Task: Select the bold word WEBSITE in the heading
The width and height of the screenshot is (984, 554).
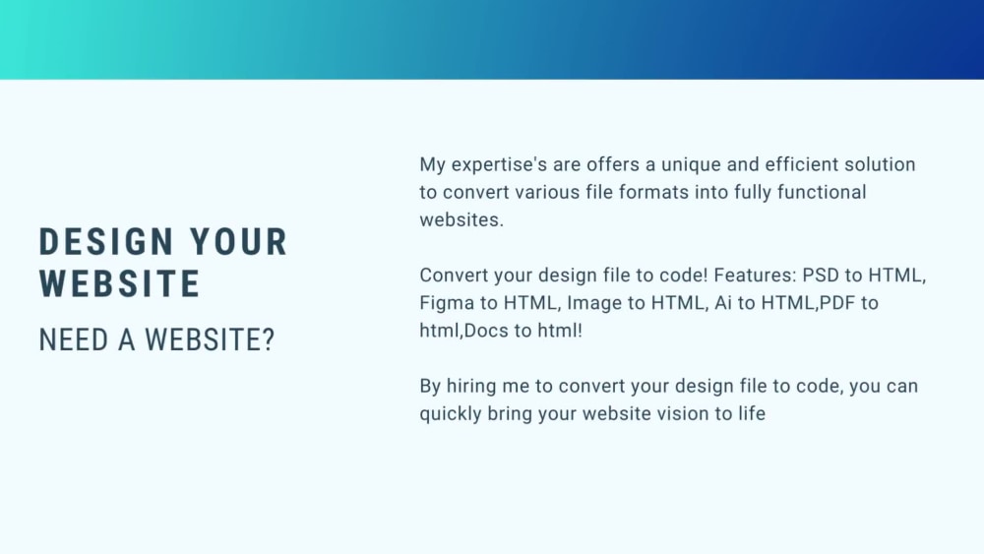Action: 120,283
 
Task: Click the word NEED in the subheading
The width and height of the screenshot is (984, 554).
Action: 71,340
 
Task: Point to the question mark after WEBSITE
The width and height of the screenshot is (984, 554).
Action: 269,340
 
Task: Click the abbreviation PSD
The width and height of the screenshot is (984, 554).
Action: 823,276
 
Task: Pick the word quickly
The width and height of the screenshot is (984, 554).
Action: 450,414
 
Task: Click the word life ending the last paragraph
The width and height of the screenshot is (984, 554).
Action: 751,414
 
